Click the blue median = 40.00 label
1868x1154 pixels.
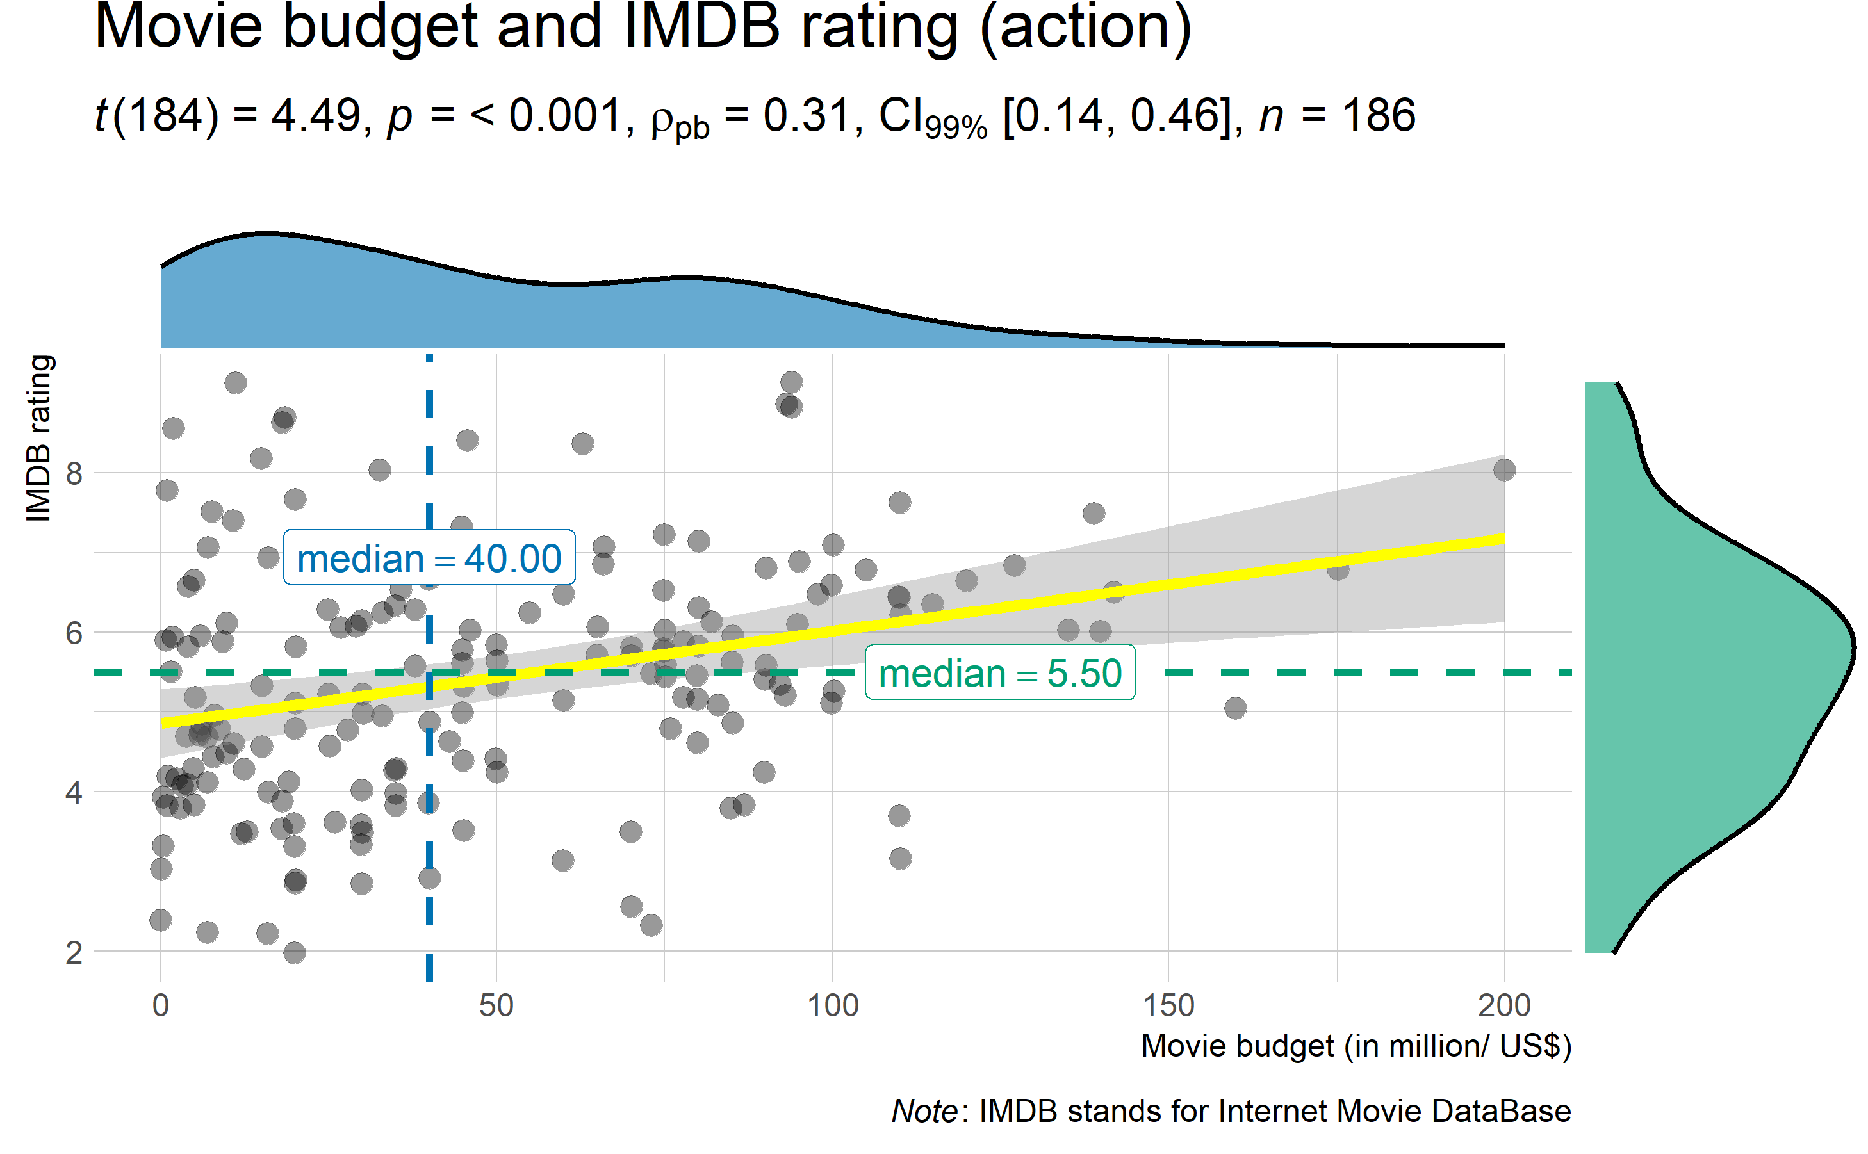point(429,558)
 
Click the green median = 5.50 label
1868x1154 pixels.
point(1000,672)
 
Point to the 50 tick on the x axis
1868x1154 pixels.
point(496,1005)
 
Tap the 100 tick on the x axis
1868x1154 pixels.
point(833,1005)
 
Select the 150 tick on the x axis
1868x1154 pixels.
point(1168,1005)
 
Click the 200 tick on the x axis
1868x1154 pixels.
point(1504,1005)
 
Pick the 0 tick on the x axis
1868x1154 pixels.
point(160,1005)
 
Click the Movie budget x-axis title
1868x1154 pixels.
point(1356,1046)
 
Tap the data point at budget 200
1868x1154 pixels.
point(1504,469)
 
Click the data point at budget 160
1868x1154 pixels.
point(1235,708)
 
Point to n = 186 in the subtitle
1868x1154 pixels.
point(1337,116)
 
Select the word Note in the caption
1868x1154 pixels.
point(924,1111)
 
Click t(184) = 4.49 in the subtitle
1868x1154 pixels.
point(227,116)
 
